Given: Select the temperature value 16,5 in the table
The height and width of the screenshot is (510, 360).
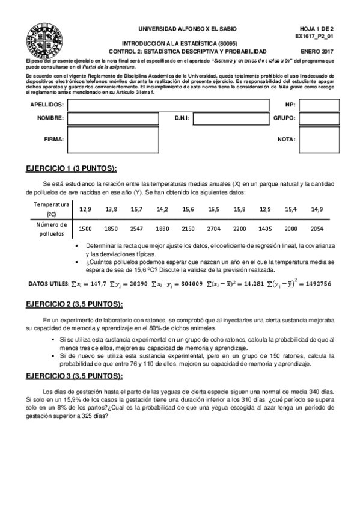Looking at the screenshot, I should (x=214, y=209).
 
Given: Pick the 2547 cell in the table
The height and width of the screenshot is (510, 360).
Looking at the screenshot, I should (x=136, y=229).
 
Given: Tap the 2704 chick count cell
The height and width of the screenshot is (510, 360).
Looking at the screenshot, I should (x=214, y=229).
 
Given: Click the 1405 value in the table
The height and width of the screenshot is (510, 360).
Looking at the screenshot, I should (x=266, y=229).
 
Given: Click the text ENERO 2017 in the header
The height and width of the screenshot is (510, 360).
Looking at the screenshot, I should (x=316, y=52).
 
